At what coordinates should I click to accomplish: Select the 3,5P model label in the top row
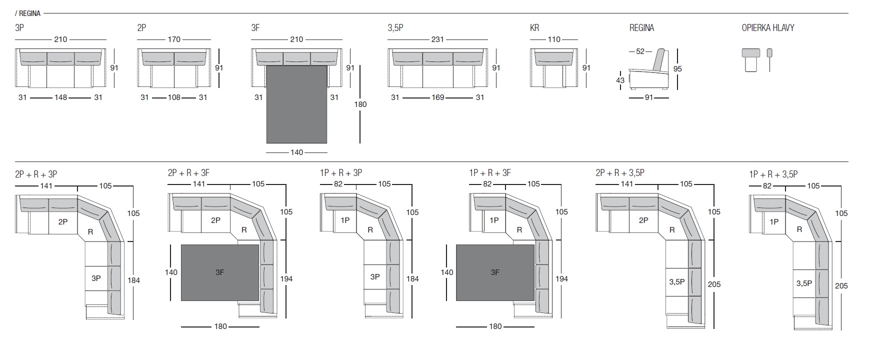(x=395, y=28)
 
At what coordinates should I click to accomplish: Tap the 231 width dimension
(x=437, y=39)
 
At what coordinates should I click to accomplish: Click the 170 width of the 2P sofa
(x=174, y=39)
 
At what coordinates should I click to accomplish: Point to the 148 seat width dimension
(x=60, y=97)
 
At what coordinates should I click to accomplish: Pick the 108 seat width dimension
(x=174, y=97)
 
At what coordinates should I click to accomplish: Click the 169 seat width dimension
(x=438, y=97)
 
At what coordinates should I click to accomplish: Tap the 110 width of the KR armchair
(x=554, y=39)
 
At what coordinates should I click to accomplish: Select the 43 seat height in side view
(x=620, y=80)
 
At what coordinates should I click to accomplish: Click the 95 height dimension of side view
(x=677, y=69)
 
